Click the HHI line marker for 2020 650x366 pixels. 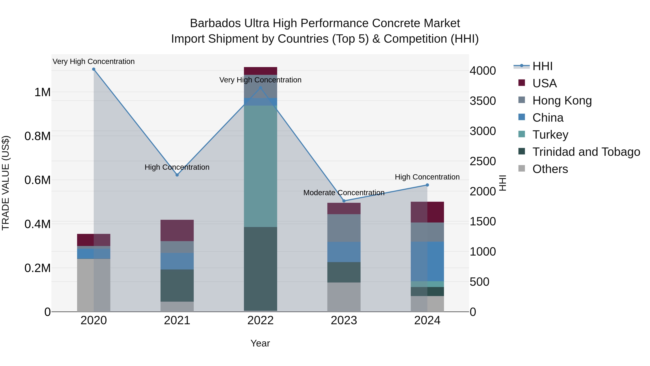click(94, 69)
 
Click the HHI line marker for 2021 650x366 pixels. click(177, 175)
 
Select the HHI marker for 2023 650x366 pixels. click(344, 201)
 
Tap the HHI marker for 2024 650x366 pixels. click(427, 185)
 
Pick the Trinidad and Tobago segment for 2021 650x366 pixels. click(177, 285)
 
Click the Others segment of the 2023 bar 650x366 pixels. click(344, 297)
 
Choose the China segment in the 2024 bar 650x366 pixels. click(427, 261)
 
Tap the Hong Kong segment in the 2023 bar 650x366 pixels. click(344, 228)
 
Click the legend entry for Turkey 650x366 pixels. click(550, 135)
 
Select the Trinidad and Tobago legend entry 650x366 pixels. click(586, 152)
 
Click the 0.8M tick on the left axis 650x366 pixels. click(38, 136)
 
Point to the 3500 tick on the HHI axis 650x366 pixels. click(483, 101)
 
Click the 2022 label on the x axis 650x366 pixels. click(260, 320)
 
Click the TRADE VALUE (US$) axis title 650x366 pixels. click(6, 183)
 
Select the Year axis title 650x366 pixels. click(260, 343)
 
